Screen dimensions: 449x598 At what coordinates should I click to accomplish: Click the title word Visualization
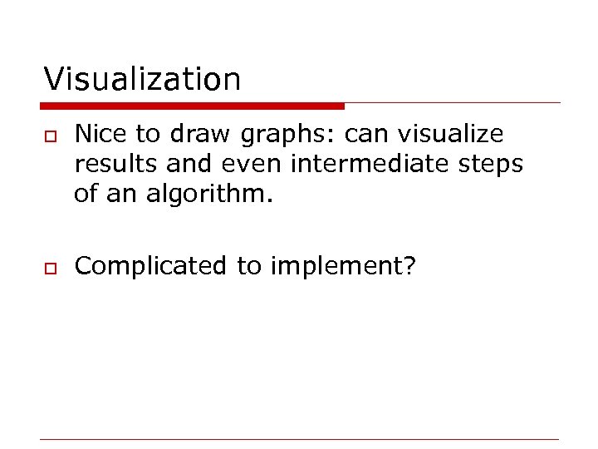(142, 80)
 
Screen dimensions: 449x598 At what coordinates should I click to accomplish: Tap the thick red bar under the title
(192, 106)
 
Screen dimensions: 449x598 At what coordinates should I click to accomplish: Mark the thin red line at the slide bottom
(300, 438)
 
